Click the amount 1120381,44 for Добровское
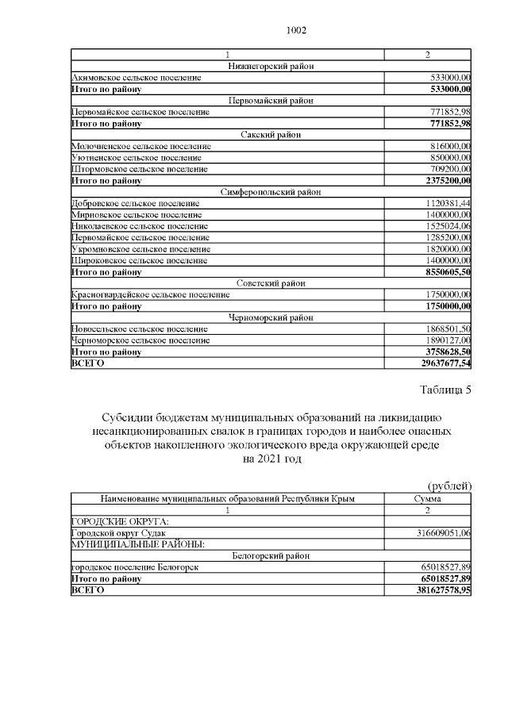(x=447, y=204)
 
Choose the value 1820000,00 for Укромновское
(x=447, y=249)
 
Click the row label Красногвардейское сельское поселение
(x=151, y=294)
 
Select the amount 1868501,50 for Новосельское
(x=447, y=329)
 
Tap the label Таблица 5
(x=444, y=390)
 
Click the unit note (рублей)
(x=450, y=486)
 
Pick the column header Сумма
(x=428, y=498)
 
